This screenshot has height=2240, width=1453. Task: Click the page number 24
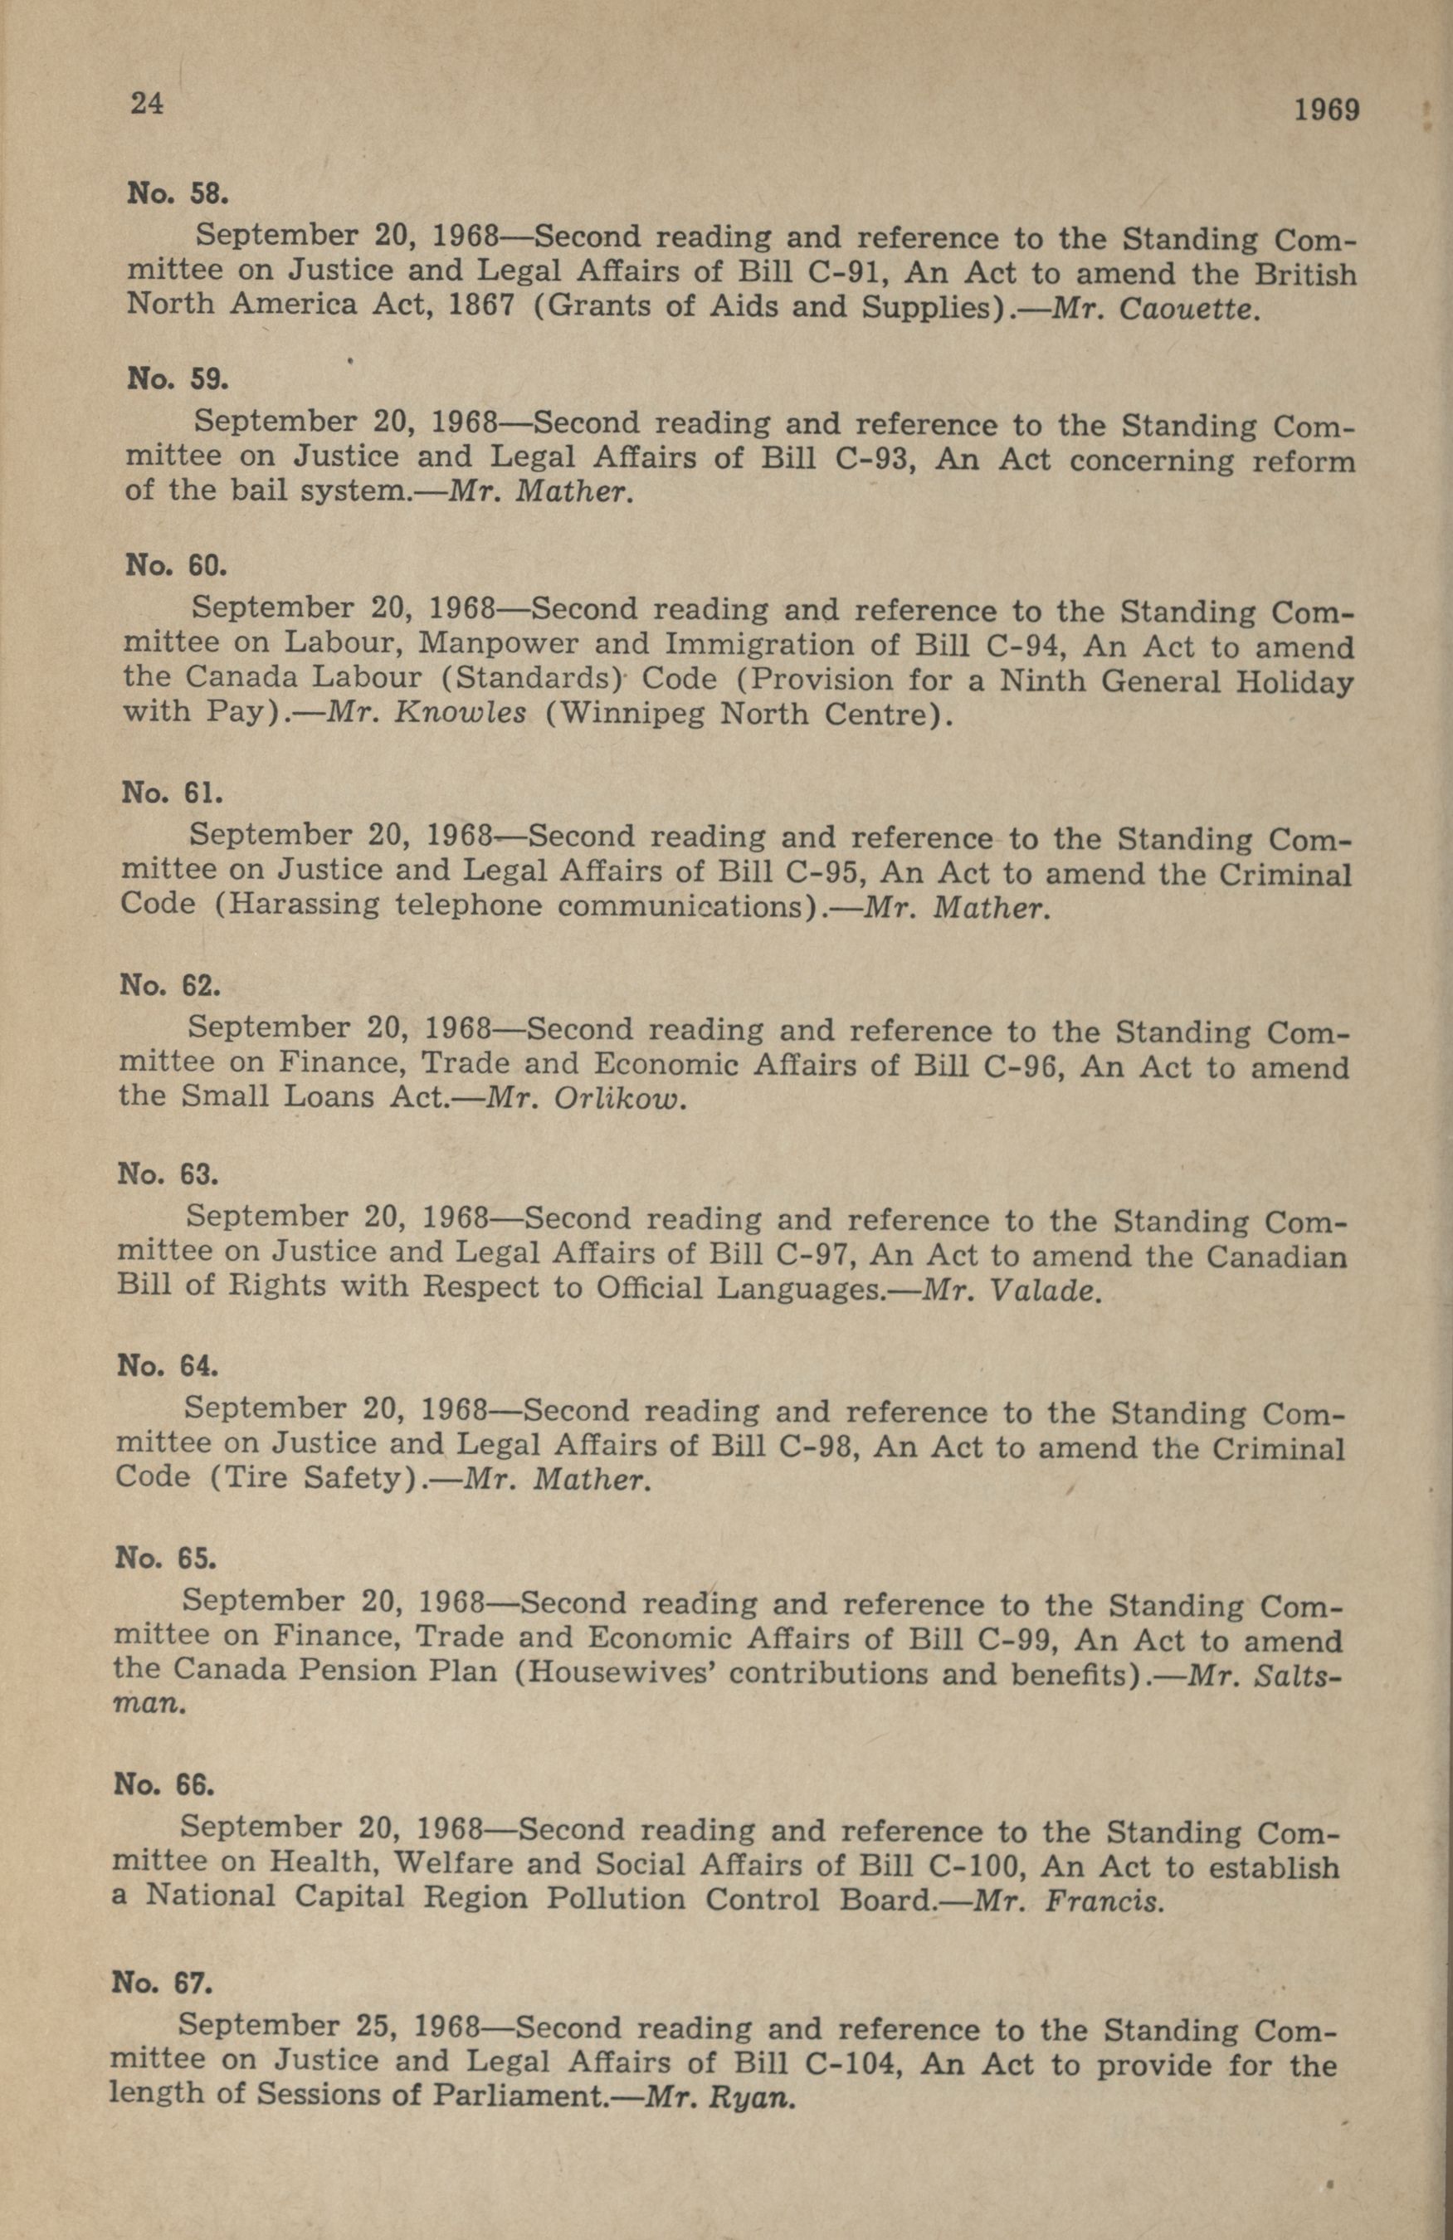pyautogui.click(x=148, y=103)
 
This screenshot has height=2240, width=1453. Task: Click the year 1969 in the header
pyautogui.click(x=1326, y=110)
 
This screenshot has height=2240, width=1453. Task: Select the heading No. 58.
pyautogui.click(x=177, y=194)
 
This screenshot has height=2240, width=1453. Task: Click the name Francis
pyautogui.click(x=1103, y=1902)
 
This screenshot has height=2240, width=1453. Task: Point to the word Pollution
pyautogui.click(x=617, y=1901)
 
